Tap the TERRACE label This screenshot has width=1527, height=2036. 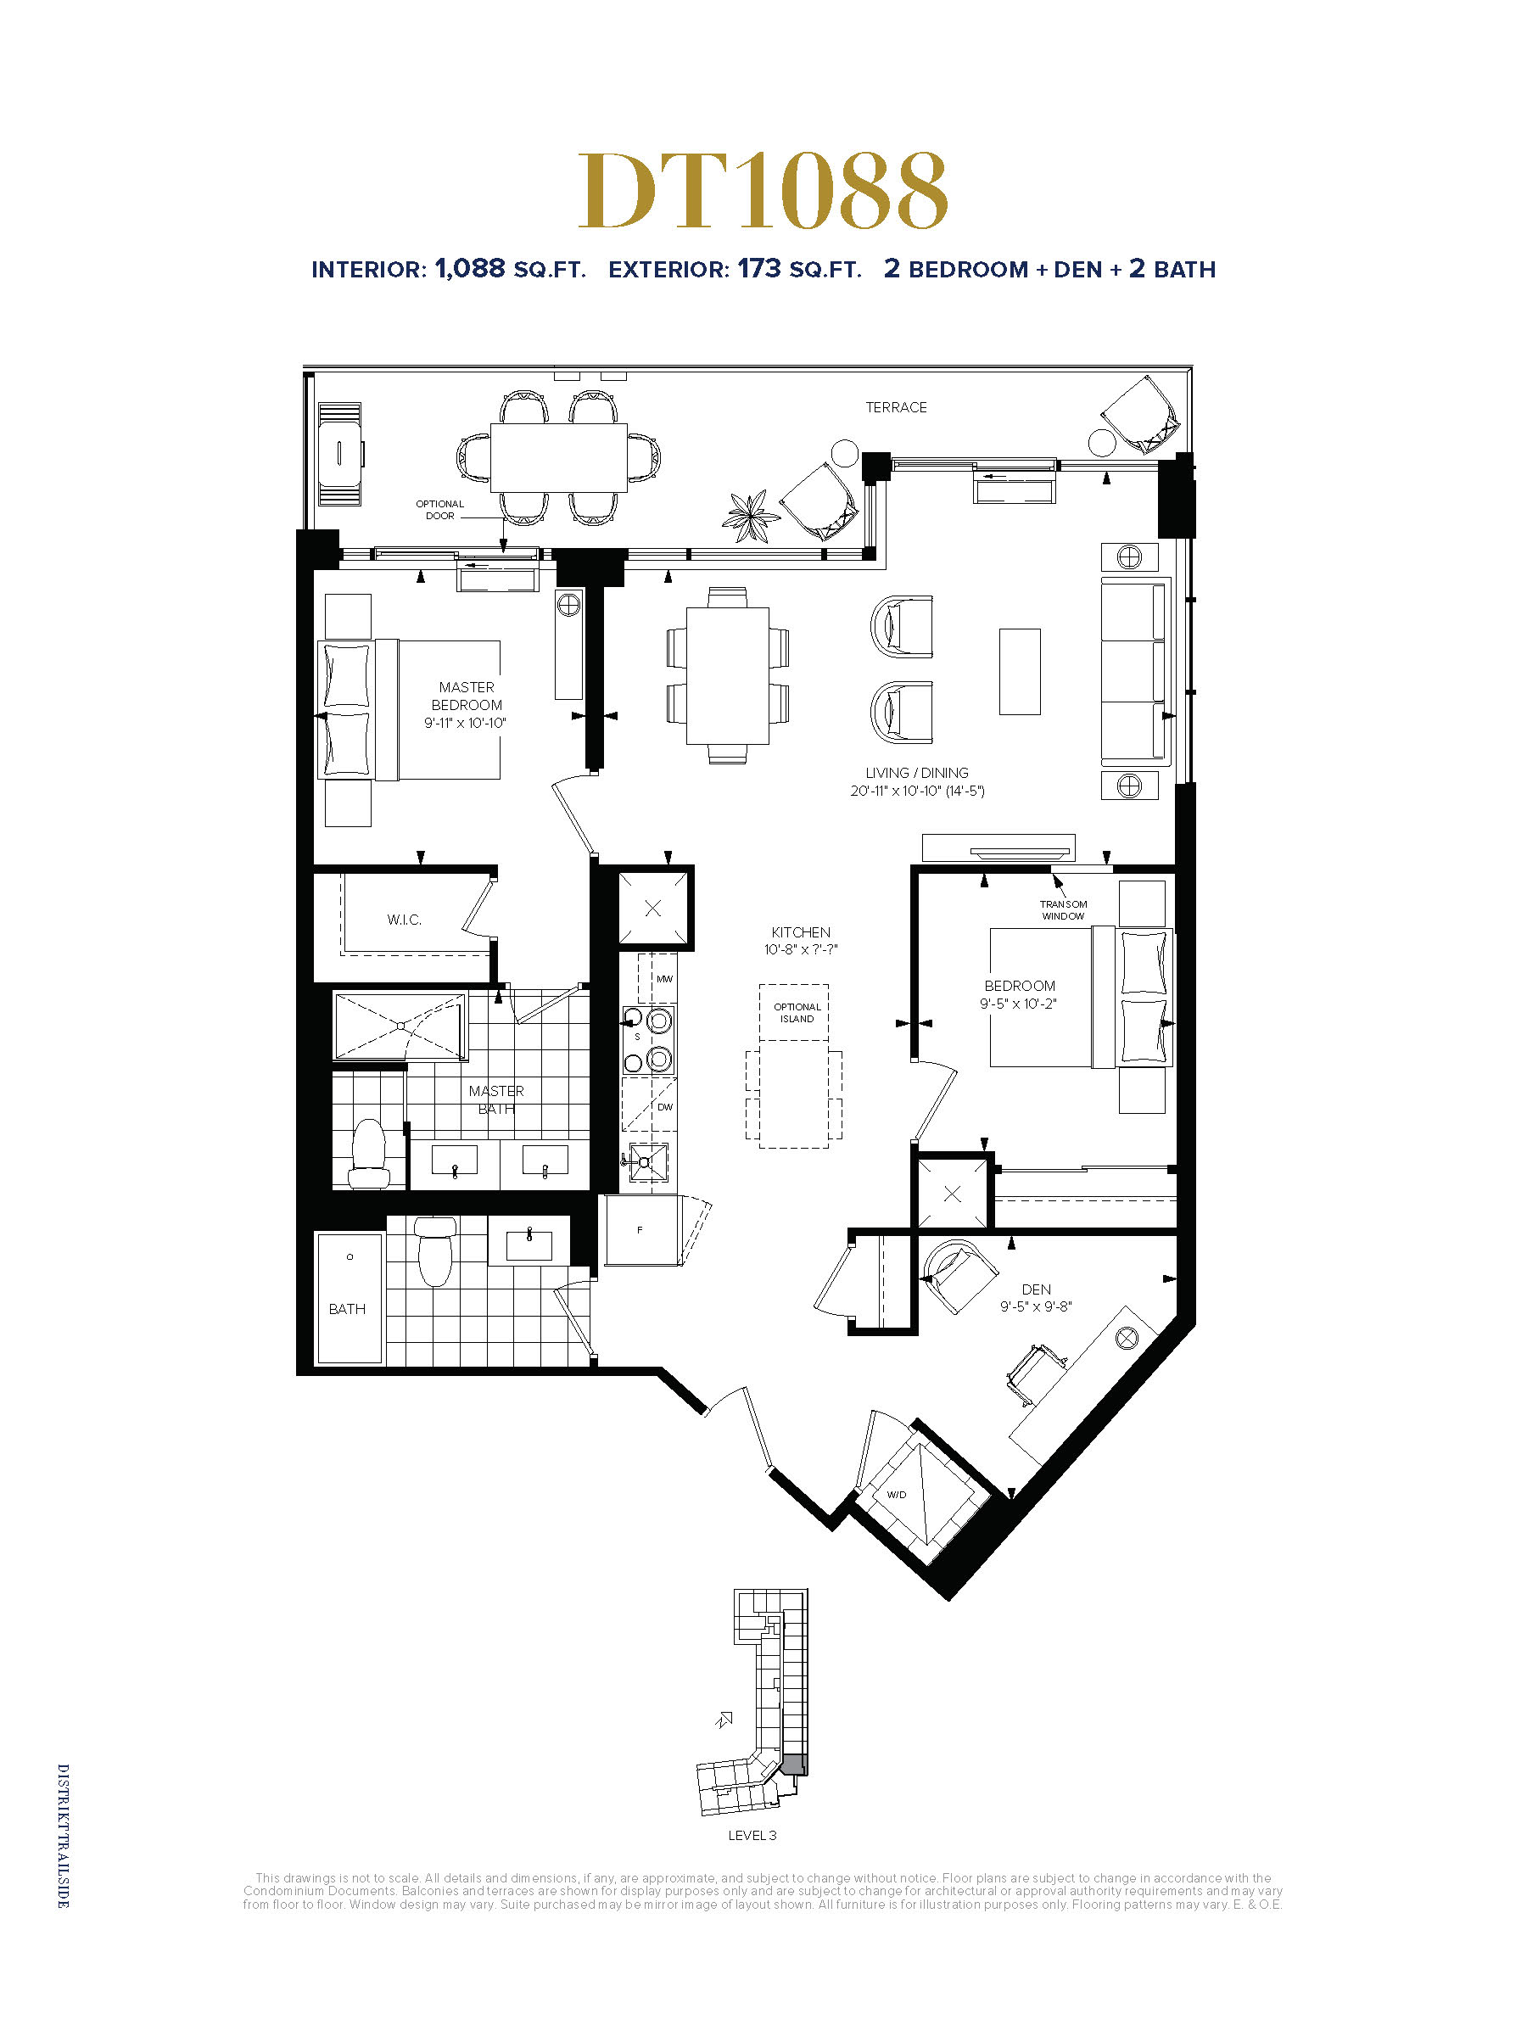pyautogui.click(x=896, y=407)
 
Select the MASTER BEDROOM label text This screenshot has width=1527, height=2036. pyautogui.click(x=466, y=696)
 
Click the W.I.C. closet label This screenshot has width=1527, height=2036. pyautogui.click(x=404, y=920)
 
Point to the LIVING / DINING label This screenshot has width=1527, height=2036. pyautogui.click(x=917, y=772)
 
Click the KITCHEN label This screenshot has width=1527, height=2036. pyautogui.click(x=801, y=932)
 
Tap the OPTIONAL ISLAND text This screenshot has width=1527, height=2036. pyautogui.click(x=797, y=1012)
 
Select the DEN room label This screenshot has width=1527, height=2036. pyautogui.click(x=1036, y=1289)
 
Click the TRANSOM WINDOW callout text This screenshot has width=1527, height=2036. pyautogui.click(x=1063, y=910)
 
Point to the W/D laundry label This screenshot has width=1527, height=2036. pyautogui.click(x=897, y=1495)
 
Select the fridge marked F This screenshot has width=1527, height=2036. pyautogui.click(x=640, y=1230)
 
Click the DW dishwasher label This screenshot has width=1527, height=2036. pyautogui.click(x=664, y=1107)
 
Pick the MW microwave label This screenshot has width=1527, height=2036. pyautogui.click(x=664, y=978)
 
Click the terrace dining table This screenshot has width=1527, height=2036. pyautogui.click(x=559, y=457)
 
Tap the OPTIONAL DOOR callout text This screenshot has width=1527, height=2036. pyautogui.click(x=440, y=510)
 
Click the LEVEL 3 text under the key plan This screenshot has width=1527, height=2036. pyautogui.click(x=752, y=1835)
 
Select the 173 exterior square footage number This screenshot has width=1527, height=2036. pyautogui.click(x=759, y=268)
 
